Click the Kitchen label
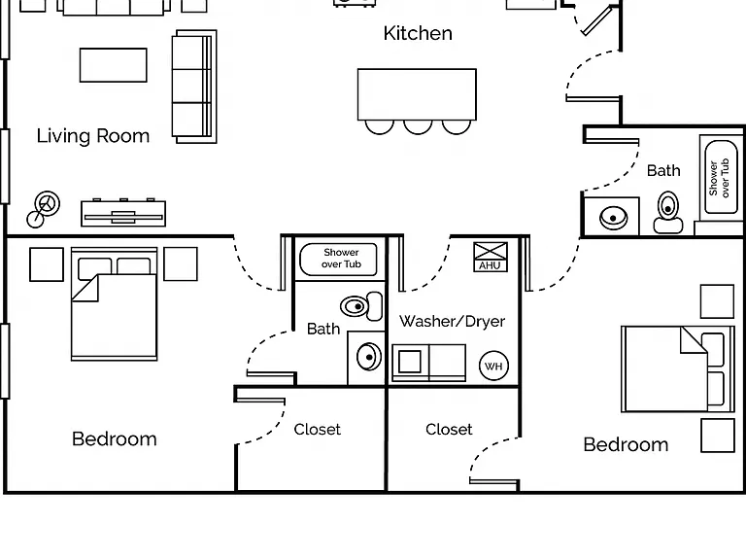pyautogui.click(x=418, y=33)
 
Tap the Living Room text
pyautogui.click(x=93, y=136)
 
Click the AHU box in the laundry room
pyautogui.click(x=491, y=257)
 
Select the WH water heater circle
pyautogui.click(x=493, y=366)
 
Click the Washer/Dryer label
pyautogui.click(x=452, y=322)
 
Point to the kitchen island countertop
pyautogui.click(x=417, y=94)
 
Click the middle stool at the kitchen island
pyautogui.click(x=418, y=126)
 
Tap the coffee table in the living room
pyautogui.click(x=114, y=65)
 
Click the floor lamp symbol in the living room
pyautogui.click(x=44, y=210)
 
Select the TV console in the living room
pyautogui.click(x=123, y=213)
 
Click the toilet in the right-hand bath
pyautogui.click(x=668, y=212)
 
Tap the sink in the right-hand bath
pyautogui.click(x=613, y=218)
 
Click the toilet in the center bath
pyautogui.click(x=361, y=306)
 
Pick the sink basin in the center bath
pyautogui.click(x=369, y=357)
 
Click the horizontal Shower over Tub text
pyautogui.click(x=341, y=258)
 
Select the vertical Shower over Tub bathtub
pyautogui.click(x=722, y=177)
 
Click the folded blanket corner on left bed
pyautogui.click(x=85, y=288)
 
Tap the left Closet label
pyautogui.click(x=318, y=430)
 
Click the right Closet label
pyautogui.click(x=449, y=430)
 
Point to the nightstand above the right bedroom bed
pyautogui.click(x=718, y=301)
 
